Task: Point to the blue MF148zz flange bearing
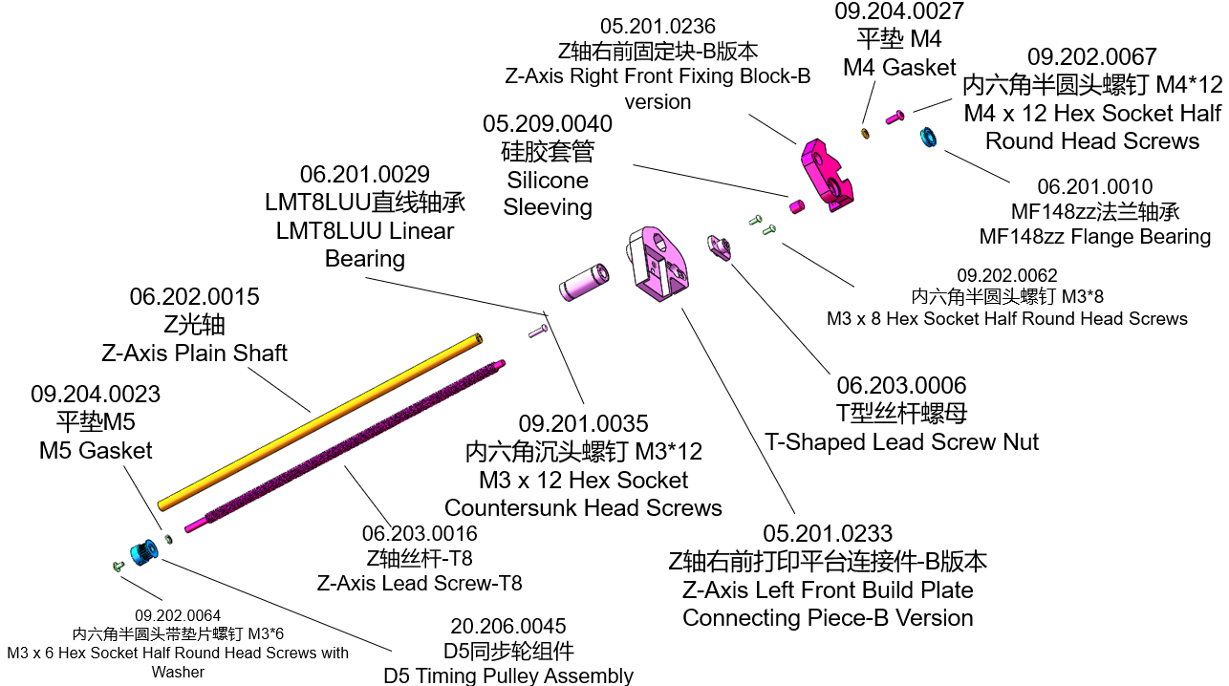click(927, 138)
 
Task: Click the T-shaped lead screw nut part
click(719, 247)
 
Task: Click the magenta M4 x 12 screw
click(895, 117)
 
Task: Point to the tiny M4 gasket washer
click(865, 132)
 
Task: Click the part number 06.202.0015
click(194, 297)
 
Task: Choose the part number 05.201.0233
click(828, 533)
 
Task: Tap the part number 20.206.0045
click(507, 627)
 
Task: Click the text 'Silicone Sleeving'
click(548, 193)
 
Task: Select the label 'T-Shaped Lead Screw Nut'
click(901, 441)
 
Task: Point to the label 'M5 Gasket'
click(96, 449)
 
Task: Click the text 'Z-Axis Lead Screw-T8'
click(420, 582)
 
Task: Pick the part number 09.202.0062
click(1007, 276)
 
